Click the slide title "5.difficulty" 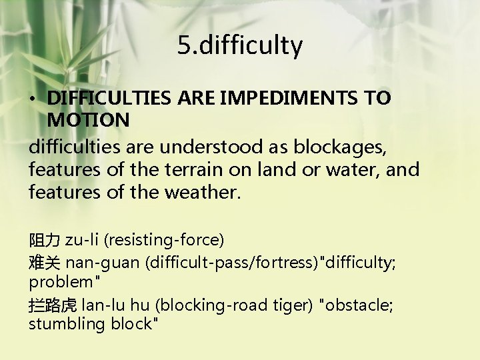(x=240, y=45)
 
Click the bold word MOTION (x=88, y=120)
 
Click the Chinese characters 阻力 (x=45, y=239)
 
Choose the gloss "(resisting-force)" (x=163, y=239)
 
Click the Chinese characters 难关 (x=45, y=262)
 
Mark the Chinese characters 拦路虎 (x=53, y=305)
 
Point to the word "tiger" (x=295, y=305)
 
